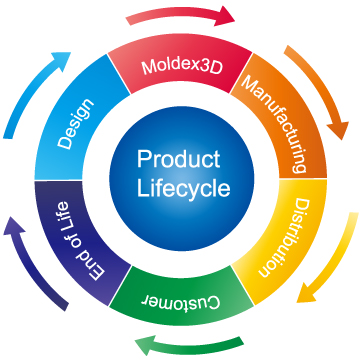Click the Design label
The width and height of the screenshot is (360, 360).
pos(76,124)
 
